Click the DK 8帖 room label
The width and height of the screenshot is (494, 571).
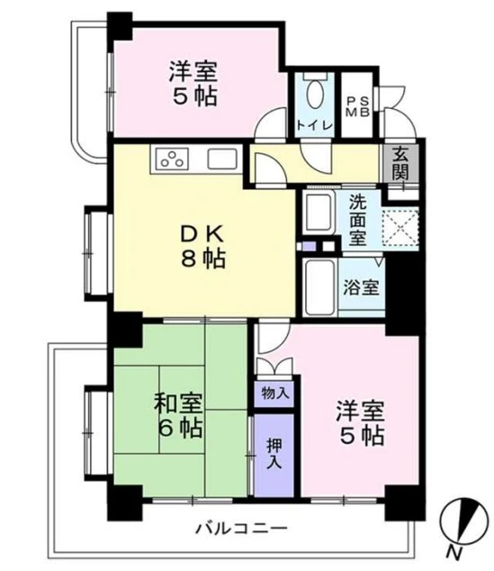coord(202,245)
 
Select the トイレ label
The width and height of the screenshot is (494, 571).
coord(315,123)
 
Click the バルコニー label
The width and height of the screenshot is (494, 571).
coord(241,528)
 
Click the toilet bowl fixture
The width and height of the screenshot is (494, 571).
coord(317,94)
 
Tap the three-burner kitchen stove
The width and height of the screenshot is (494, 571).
coord(171,159)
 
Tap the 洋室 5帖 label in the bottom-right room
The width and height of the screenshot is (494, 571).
coord(360,423)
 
